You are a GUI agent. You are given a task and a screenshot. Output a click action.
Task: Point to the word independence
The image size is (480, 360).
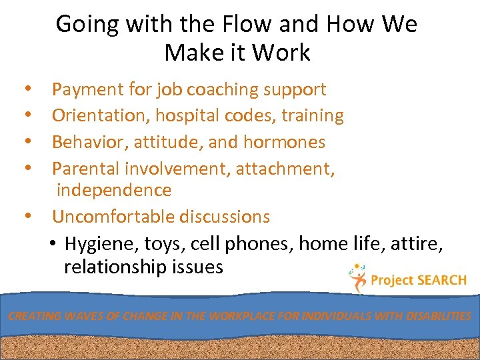[114, 190]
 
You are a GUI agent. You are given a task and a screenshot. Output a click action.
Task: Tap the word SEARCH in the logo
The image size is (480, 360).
[441, 280]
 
